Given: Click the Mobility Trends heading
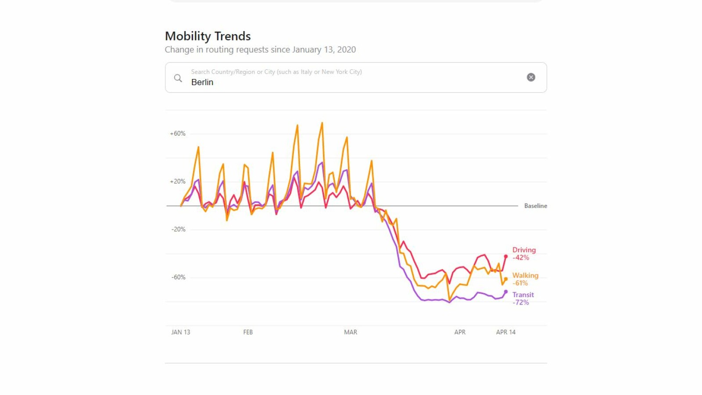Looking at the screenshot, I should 208,36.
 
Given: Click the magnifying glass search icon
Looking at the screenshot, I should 178,78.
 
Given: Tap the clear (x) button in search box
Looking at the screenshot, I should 531,77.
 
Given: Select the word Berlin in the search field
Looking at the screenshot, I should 202,83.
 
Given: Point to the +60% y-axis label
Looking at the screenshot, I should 178,133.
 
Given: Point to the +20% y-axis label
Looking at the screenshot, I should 178,181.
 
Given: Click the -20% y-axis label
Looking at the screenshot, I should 178,229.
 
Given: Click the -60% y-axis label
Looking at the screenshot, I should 178,277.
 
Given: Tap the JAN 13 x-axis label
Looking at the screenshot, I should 181,332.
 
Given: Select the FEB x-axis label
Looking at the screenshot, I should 248,332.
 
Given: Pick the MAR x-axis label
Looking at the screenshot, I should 351,332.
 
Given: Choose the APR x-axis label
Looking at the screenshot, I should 460,332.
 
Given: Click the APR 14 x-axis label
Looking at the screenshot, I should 506,332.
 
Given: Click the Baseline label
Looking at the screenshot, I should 535,206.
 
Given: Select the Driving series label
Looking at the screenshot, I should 524,250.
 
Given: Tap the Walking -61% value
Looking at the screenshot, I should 520,283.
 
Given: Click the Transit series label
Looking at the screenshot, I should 523,294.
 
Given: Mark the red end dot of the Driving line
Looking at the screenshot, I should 506,256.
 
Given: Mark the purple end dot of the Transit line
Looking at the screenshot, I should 506,291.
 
